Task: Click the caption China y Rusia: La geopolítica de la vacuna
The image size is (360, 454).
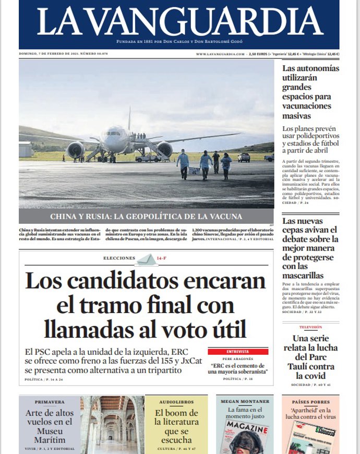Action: coord(146,217)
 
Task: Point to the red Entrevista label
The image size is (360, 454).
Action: coord(238,352)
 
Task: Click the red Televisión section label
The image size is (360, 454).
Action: coord(310,327)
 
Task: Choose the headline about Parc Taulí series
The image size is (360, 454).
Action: coord(310,357)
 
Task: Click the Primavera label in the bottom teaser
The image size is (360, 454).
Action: coord(50,402)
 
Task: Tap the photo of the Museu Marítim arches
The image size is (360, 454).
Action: coord(112,424)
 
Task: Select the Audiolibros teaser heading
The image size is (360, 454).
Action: coord(177,402)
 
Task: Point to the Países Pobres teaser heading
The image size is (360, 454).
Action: coord(310,402)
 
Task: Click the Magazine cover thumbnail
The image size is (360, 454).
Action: coord(246,436)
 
